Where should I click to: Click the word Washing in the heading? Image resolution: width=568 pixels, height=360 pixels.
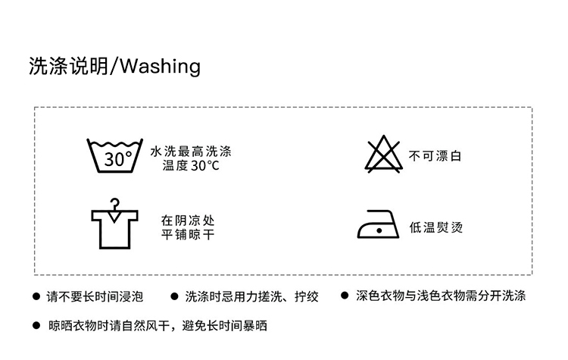coord(160,67)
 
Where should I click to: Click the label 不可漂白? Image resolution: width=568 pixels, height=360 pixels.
coord(435,156)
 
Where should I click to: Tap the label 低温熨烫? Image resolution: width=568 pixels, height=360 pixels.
coord(435,227)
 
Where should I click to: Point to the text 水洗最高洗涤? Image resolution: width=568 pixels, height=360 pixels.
coord(191,151)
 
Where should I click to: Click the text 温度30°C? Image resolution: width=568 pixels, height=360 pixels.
coord(191,165)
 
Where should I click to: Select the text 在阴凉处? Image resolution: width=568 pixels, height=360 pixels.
coord(189,220)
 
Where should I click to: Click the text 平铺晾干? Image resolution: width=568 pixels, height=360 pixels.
coord(189,234)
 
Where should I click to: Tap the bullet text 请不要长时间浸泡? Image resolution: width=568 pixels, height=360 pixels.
coord(95,296)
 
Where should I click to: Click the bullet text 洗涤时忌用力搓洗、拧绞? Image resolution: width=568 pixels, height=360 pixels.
coord(251,296)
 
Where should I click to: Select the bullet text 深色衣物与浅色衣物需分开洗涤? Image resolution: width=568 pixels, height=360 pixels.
coord(441,296)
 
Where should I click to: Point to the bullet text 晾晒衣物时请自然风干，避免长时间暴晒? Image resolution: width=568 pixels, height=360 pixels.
coord(158,326)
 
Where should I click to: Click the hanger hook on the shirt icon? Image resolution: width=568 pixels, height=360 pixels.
coord(114,203)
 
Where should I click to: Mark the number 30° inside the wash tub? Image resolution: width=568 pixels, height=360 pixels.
coord(117,159)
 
